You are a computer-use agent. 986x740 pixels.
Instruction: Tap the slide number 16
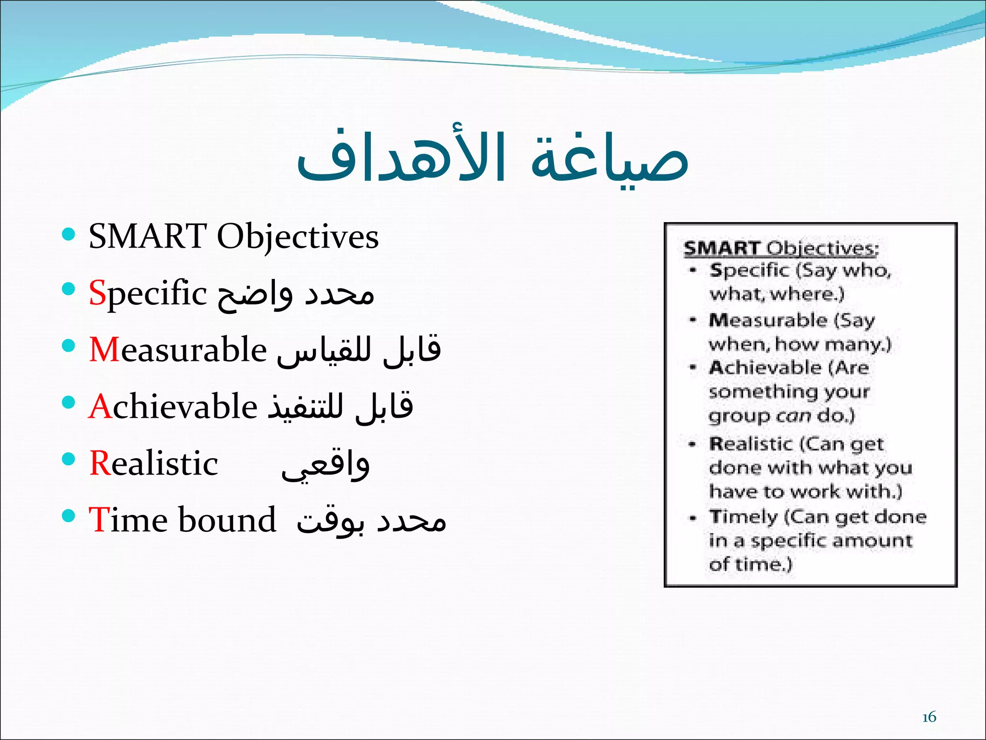929,717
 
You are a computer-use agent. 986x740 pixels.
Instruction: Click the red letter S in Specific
97,293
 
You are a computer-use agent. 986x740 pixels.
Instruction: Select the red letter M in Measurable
104,349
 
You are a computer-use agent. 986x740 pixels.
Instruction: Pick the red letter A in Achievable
100,407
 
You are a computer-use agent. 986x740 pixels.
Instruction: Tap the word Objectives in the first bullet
298,237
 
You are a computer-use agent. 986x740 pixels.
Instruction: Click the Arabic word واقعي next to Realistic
325,465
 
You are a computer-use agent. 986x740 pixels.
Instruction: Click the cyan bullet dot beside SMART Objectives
69,235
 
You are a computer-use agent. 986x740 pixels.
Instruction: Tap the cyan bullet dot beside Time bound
69,516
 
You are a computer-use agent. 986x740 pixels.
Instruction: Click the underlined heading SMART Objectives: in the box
781,249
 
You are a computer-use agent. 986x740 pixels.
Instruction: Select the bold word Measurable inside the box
767,320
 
